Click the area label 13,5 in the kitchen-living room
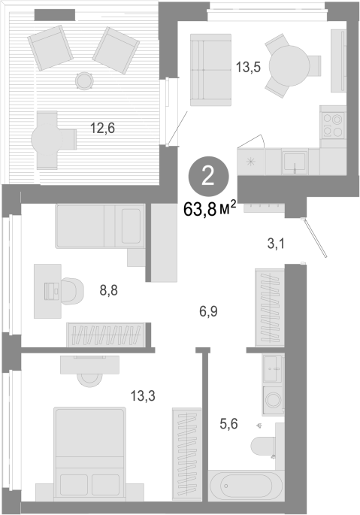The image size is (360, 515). (x=248, y=68)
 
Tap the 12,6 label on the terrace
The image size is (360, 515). (x=102, y=128)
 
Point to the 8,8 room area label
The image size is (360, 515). (x=109, y=290)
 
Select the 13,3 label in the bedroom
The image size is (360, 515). (x=143, y=395)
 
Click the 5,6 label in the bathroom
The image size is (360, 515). (x=228, y=424)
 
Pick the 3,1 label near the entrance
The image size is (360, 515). (x=276, y=244)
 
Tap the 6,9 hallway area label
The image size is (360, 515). (x=208, y=311)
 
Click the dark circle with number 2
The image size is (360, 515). (x=208, y=178)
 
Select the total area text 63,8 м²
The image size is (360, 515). (x=210, y=209)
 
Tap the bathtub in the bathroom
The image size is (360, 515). (x=246, y=486)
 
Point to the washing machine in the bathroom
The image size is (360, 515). (x=273, y=400)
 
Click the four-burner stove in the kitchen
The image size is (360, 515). (x=333, y=125)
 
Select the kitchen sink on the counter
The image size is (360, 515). (x=295, y=162)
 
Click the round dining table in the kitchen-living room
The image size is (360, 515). (x=289, y=65)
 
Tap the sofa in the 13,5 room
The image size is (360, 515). (x=211, y=70)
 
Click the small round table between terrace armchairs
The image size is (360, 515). (x=84, y=80)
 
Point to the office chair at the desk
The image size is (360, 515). (x=71, y=291)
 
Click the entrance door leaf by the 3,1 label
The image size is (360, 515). (x=315, y=238)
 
